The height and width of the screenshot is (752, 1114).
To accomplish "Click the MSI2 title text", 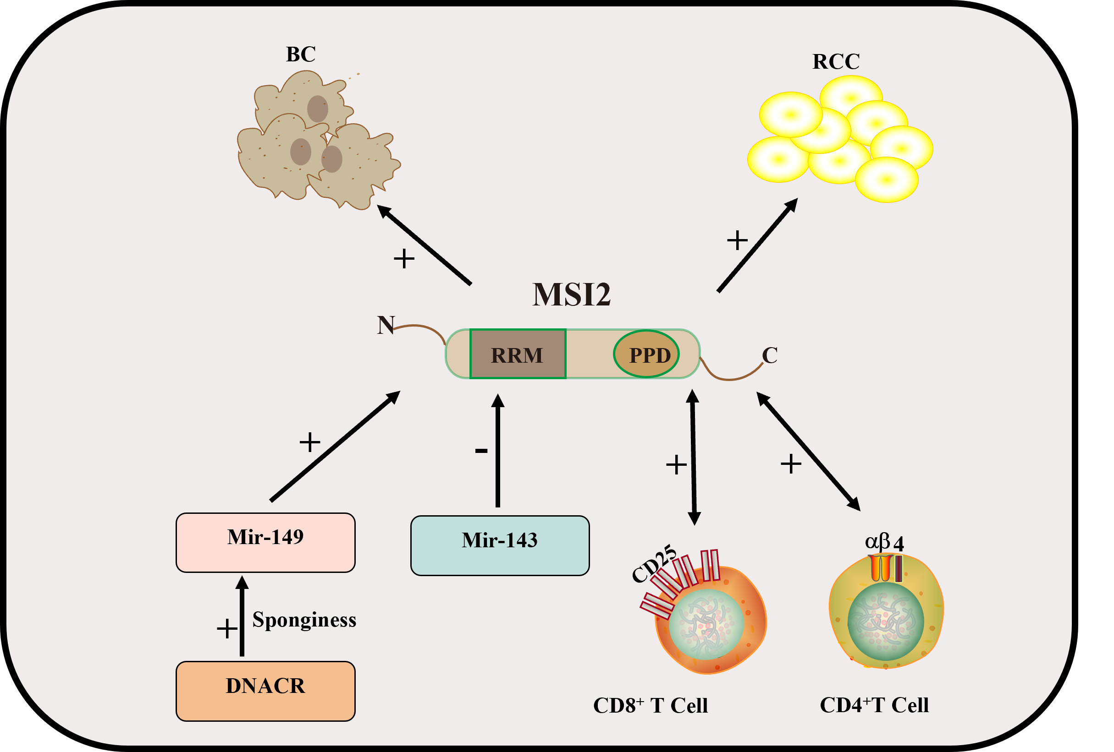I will pyautogui.click(x=571, y=294).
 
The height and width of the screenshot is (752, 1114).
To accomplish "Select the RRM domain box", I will pyautogui.click(x=518, y=354).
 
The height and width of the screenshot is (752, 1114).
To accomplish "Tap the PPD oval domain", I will pyautogui.click(x=646, y=354).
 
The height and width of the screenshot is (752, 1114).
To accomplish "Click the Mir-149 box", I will pyautogui.click(x=265, y=542).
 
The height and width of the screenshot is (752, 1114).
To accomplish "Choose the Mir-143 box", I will pyautogui.click(x=500, y=545).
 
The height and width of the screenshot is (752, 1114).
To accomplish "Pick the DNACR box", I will pyautogui.click(x=265, y=691).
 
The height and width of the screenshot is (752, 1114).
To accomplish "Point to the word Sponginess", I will pyautogui.click(x=304, y=619).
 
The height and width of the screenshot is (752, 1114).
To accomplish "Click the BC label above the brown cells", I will pyautogui.click(x=301, y=54).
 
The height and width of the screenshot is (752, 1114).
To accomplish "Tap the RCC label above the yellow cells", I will pyautogui.click(x=836, y=61).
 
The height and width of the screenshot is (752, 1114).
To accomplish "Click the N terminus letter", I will pyautogui.click(x=386, y=325).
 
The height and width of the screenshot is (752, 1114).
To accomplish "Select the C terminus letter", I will pyautogui.click(x=769, y=355).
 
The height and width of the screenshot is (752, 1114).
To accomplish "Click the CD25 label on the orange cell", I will pyautogui.click(x=653, y=564).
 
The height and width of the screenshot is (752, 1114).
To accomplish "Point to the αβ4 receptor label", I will pyautogui.click(x=884, y=543).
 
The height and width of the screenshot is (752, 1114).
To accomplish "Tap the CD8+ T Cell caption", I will pyautogui.click(x=650, y=706).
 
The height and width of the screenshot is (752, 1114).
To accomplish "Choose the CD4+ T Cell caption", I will pyautogui.click(x=874, y=705).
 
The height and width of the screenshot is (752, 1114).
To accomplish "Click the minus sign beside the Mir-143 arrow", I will pyautogui.click(x=481, y=450).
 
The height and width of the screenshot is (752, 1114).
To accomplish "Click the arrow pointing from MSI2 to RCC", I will pyautogui.click(x=757, y=245).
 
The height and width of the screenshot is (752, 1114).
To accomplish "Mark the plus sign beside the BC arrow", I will pyautogui.click(x=403, y=259).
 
